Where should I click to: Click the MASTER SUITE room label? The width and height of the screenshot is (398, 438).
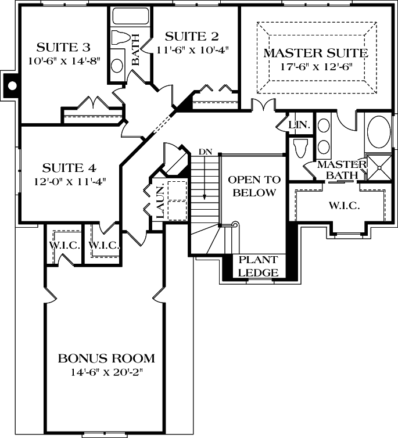(x=316, y=53)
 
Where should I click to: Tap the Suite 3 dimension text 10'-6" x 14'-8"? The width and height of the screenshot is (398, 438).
(x=63, y=60)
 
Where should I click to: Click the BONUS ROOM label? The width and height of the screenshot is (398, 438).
(x=106, y=357)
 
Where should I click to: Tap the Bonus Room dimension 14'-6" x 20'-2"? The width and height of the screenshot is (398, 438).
(x=106, y=372)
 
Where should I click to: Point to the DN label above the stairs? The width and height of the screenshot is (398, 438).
(x=205, y=152)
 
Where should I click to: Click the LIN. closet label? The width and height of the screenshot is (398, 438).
(x=302, y=125)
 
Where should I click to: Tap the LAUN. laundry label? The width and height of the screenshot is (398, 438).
(x=159, y=201)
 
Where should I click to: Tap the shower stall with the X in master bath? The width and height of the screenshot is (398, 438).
(x=380, y=168)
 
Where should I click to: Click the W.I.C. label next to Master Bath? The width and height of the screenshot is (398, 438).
(x=344, y=206)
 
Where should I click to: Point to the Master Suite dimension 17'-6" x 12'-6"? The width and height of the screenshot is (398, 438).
(x=316, y=67)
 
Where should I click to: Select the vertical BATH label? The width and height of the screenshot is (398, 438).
(x=135, y=50)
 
